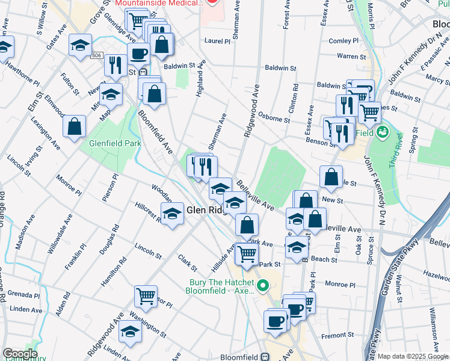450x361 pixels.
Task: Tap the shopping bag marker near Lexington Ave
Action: (x=75, y=127)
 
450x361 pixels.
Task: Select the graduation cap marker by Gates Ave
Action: (x=79, y=46)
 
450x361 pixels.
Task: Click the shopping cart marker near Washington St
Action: (x=146, y=296)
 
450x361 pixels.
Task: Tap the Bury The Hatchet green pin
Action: (x=262, y=285)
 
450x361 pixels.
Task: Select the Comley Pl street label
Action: (x=344, y=41)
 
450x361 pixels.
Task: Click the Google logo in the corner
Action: (x=19, y=354)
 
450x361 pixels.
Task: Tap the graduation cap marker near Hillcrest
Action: (x=172, y=214)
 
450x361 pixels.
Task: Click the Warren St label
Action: (x=347, y=56)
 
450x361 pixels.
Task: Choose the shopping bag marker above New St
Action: (x=331, y=176)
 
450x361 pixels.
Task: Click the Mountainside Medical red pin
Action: (x=211, y=2)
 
